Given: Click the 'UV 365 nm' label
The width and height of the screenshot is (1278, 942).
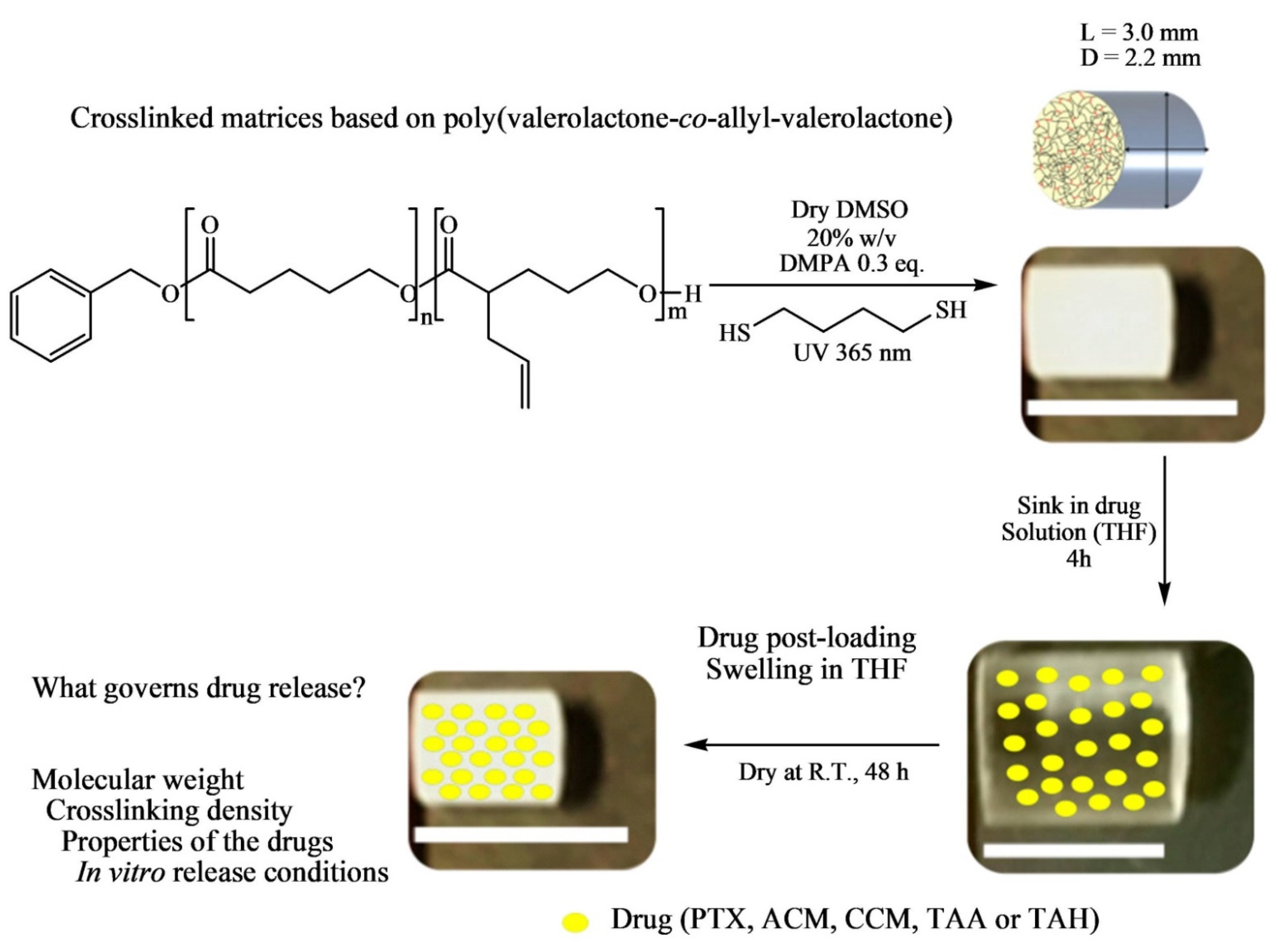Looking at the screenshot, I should pos(852,353).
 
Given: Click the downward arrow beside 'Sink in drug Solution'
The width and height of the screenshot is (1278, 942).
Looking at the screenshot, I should pos(1164,530).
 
